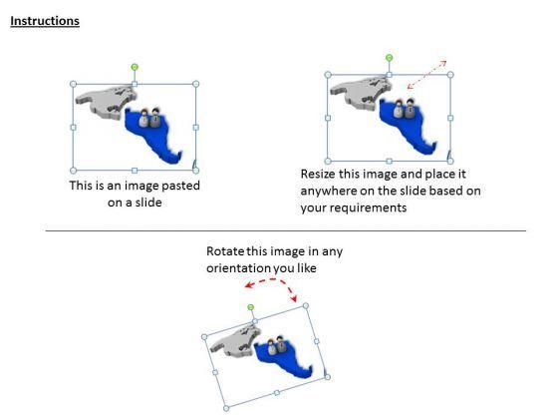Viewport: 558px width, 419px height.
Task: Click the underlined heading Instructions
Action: (45, 21)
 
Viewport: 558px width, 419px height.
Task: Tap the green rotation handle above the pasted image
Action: (135, 67)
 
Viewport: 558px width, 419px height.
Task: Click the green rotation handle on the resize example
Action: (389, 58)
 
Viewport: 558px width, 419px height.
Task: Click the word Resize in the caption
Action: (320, 174)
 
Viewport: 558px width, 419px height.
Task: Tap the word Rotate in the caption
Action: (226, 251)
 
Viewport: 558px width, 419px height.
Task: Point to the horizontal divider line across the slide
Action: (285, 231)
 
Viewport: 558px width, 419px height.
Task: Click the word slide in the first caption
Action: (145, 203)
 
